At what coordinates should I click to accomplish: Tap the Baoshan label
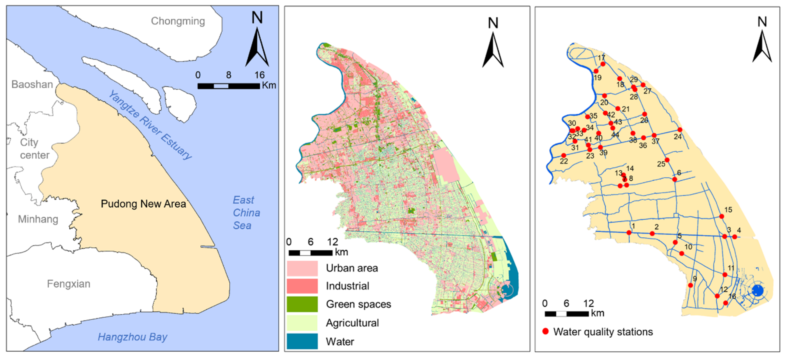tap(32, 84)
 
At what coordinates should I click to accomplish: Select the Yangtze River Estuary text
tap(150, 125)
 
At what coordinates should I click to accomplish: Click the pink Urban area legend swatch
tap(302, 268)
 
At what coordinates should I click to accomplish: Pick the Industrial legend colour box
tap(302, 286)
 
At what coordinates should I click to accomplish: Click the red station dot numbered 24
tap(680, 130)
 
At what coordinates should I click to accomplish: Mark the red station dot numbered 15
tap(722, 216)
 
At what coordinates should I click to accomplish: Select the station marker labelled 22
tap(563, 155)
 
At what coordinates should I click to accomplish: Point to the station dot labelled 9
tap(690, 285)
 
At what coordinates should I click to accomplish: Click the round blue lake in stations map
tap(758, 290)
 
